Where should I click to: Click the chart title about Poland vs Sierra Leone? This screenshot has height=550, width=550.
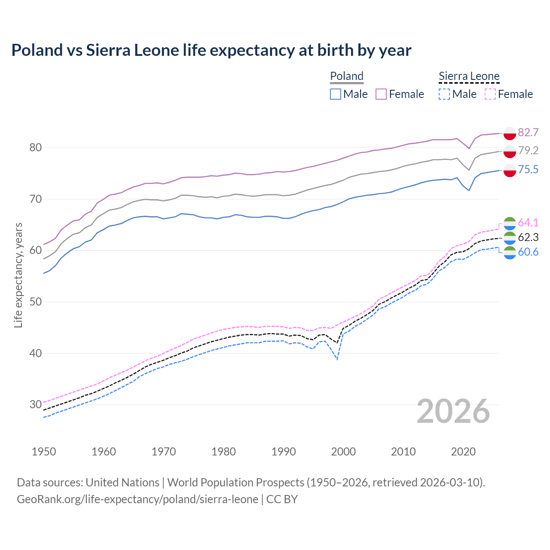211,50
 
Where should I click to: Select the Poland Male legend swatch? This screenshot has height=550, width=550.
336,94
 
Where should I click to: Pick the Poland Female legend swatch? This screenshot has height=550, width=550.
381,94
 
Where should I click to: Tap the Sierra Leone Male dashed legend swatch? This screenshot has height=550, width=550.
444,94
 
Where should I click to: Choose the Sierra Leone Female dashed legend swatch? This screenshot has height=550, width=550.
490,94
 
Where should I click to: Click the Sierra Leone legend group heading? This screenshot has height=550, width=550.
469,76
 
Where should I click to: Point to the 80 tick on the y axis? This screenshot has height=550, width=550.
36,147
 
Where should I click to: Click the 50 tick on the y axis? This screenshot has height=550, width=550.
36,302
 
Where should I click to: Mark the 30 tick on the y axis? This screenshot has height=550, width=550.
36,404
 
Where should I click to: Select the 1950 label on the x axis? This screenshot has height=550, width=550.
44,452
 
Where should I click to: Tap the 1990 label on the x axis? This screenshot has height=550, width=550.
284,452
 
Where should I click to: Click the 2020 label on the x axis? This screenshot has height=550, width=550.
463,452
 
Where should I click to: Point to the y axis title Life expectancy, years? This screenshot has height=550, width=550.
18,275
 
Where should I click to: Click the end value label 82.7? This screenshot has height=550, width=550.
528,132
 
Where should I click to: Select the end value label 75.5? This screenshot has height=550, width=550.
528,169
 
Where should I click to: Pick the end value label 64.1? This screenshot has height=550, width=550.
528,223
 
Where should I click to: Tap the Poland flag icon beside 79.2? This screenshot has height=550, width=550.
510,151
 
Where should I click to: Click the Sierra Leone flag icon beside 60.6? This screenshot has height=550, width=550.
510,253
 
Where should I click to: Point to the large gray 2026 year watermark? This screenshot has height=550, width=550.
453,411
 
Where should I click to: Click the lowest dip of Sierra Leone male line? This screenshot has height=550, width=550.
337,359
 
